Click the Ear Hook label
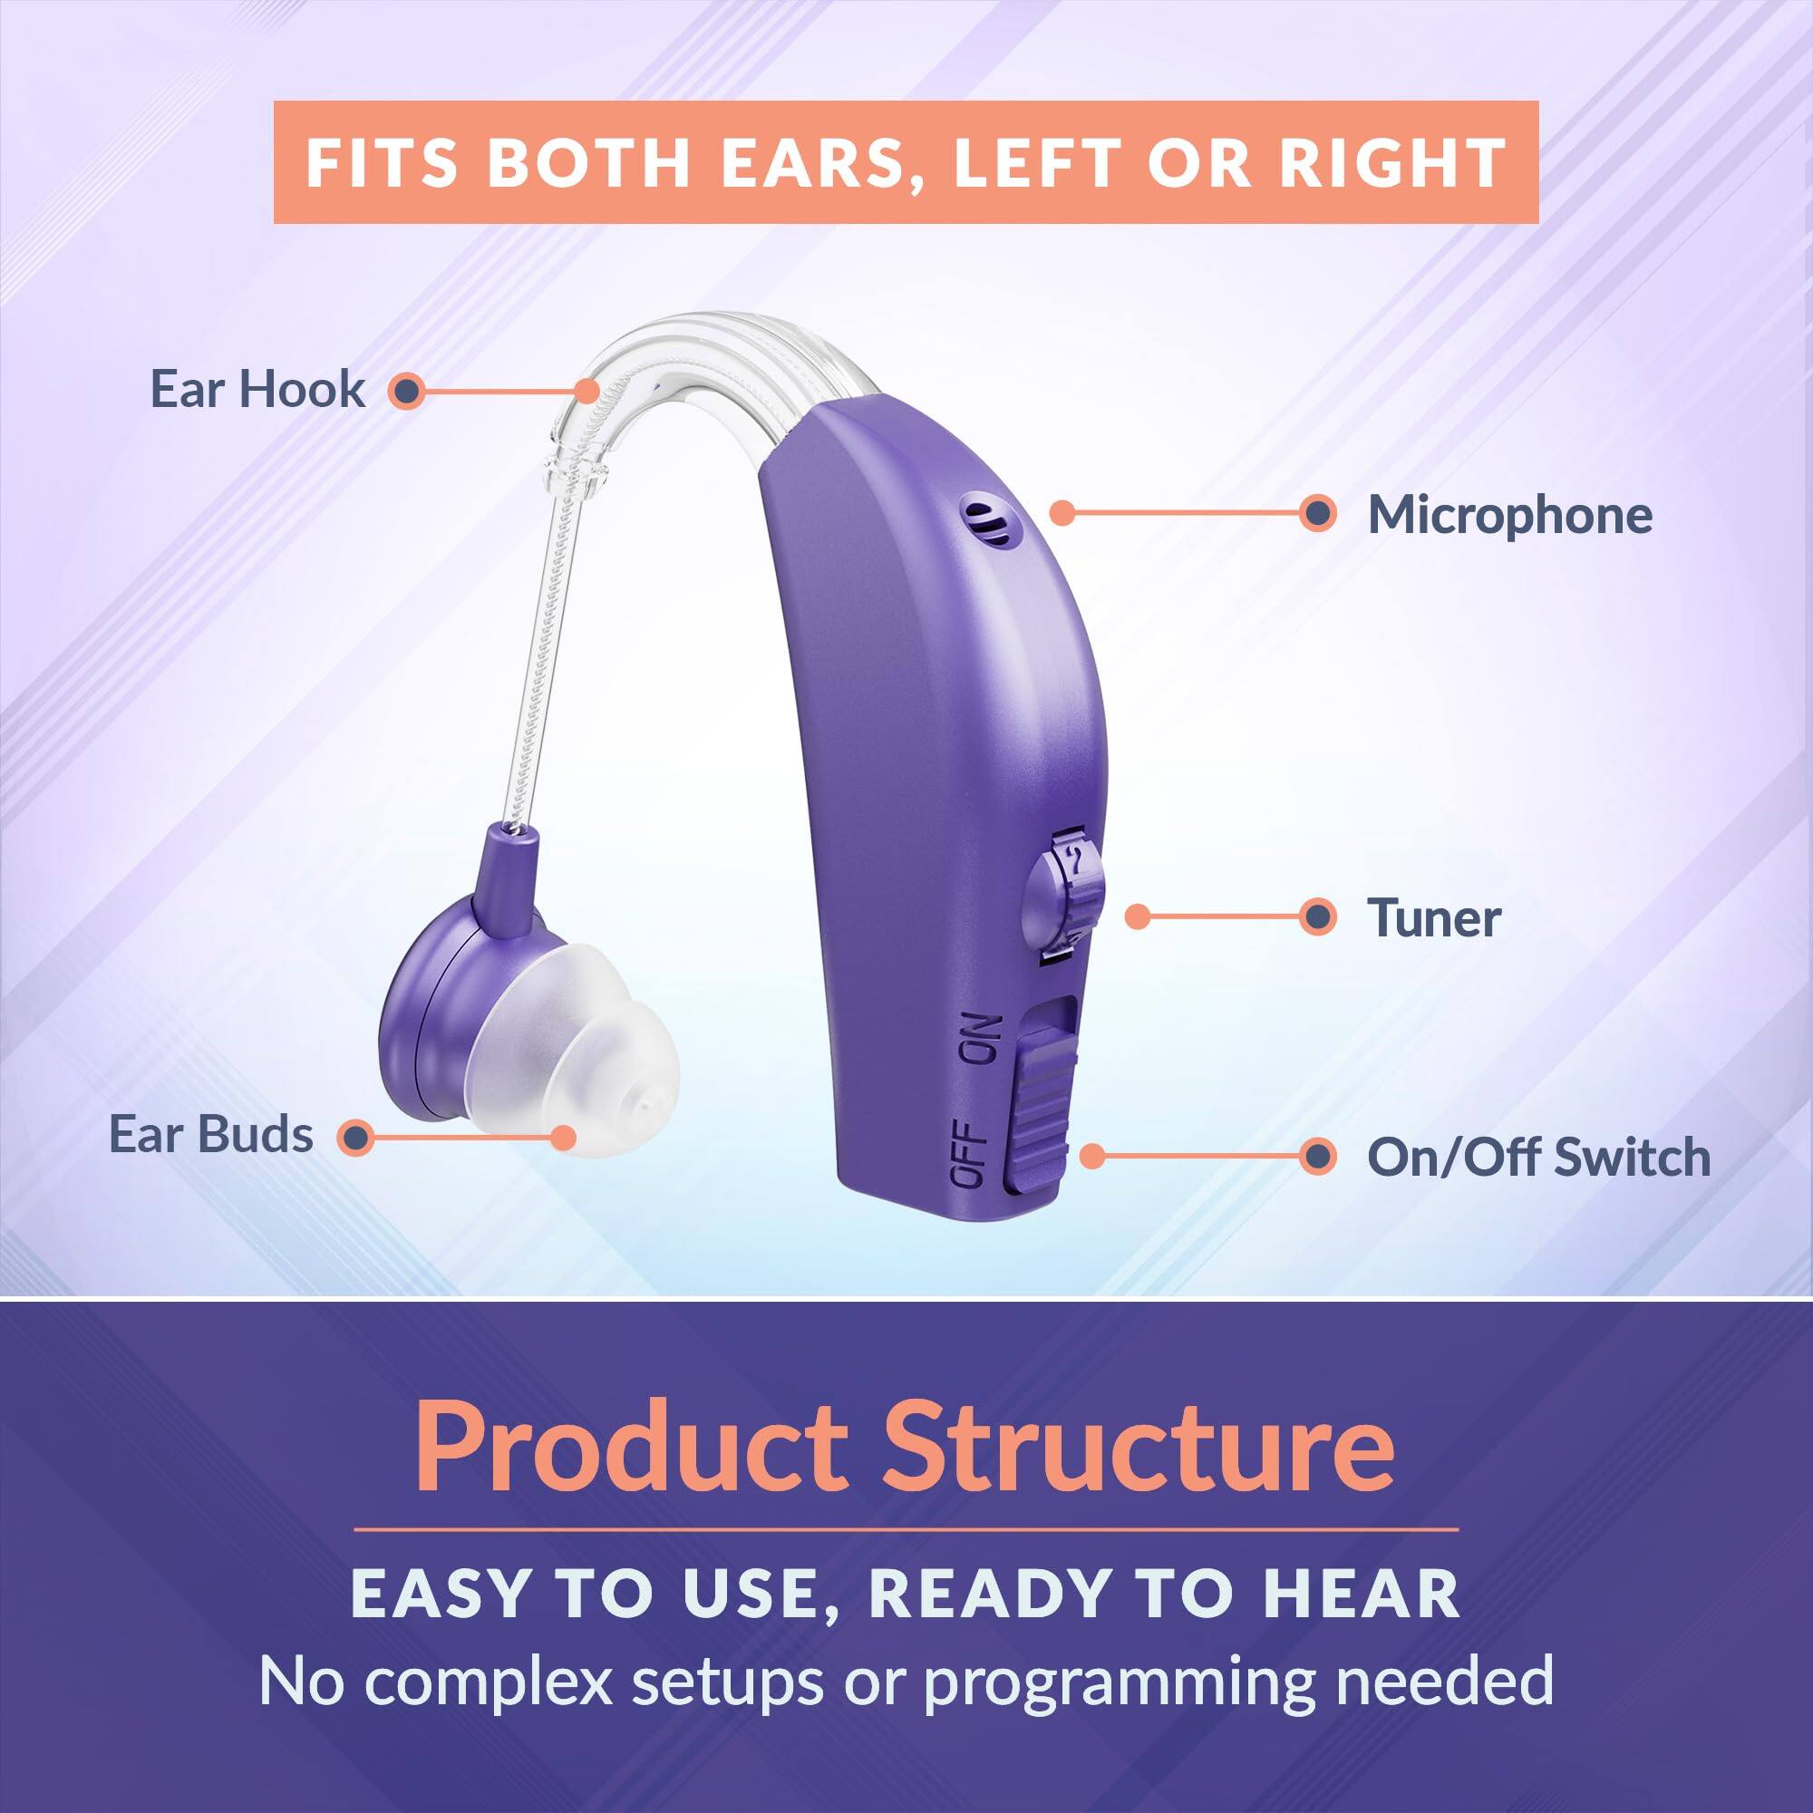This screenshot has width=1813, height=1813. (257, 390)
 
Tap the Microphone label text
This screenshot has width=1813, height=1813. (1509, 515)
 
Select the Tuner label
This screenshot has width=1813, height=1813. (1433, 917)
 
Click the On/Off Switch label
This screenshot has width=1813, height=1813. (1538, 1157)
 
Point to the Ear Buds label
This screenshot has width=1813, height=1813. (211, 1135)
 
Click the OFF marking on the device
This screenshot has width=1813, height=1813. (968, 1153)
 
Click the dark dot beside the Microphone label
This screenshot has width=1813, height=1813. (1318, 513)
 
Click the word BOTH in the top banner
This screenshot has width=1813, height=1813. (589, 163)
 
